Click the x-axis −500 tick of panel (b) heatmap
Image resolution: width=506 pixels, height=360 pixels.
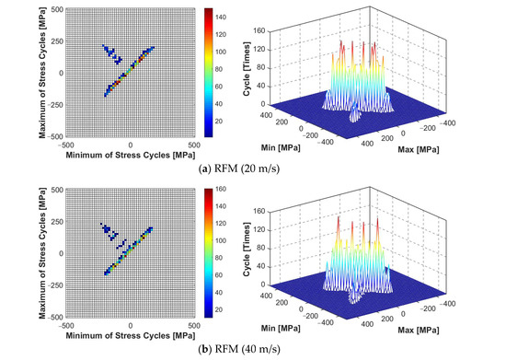(63, 323)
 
